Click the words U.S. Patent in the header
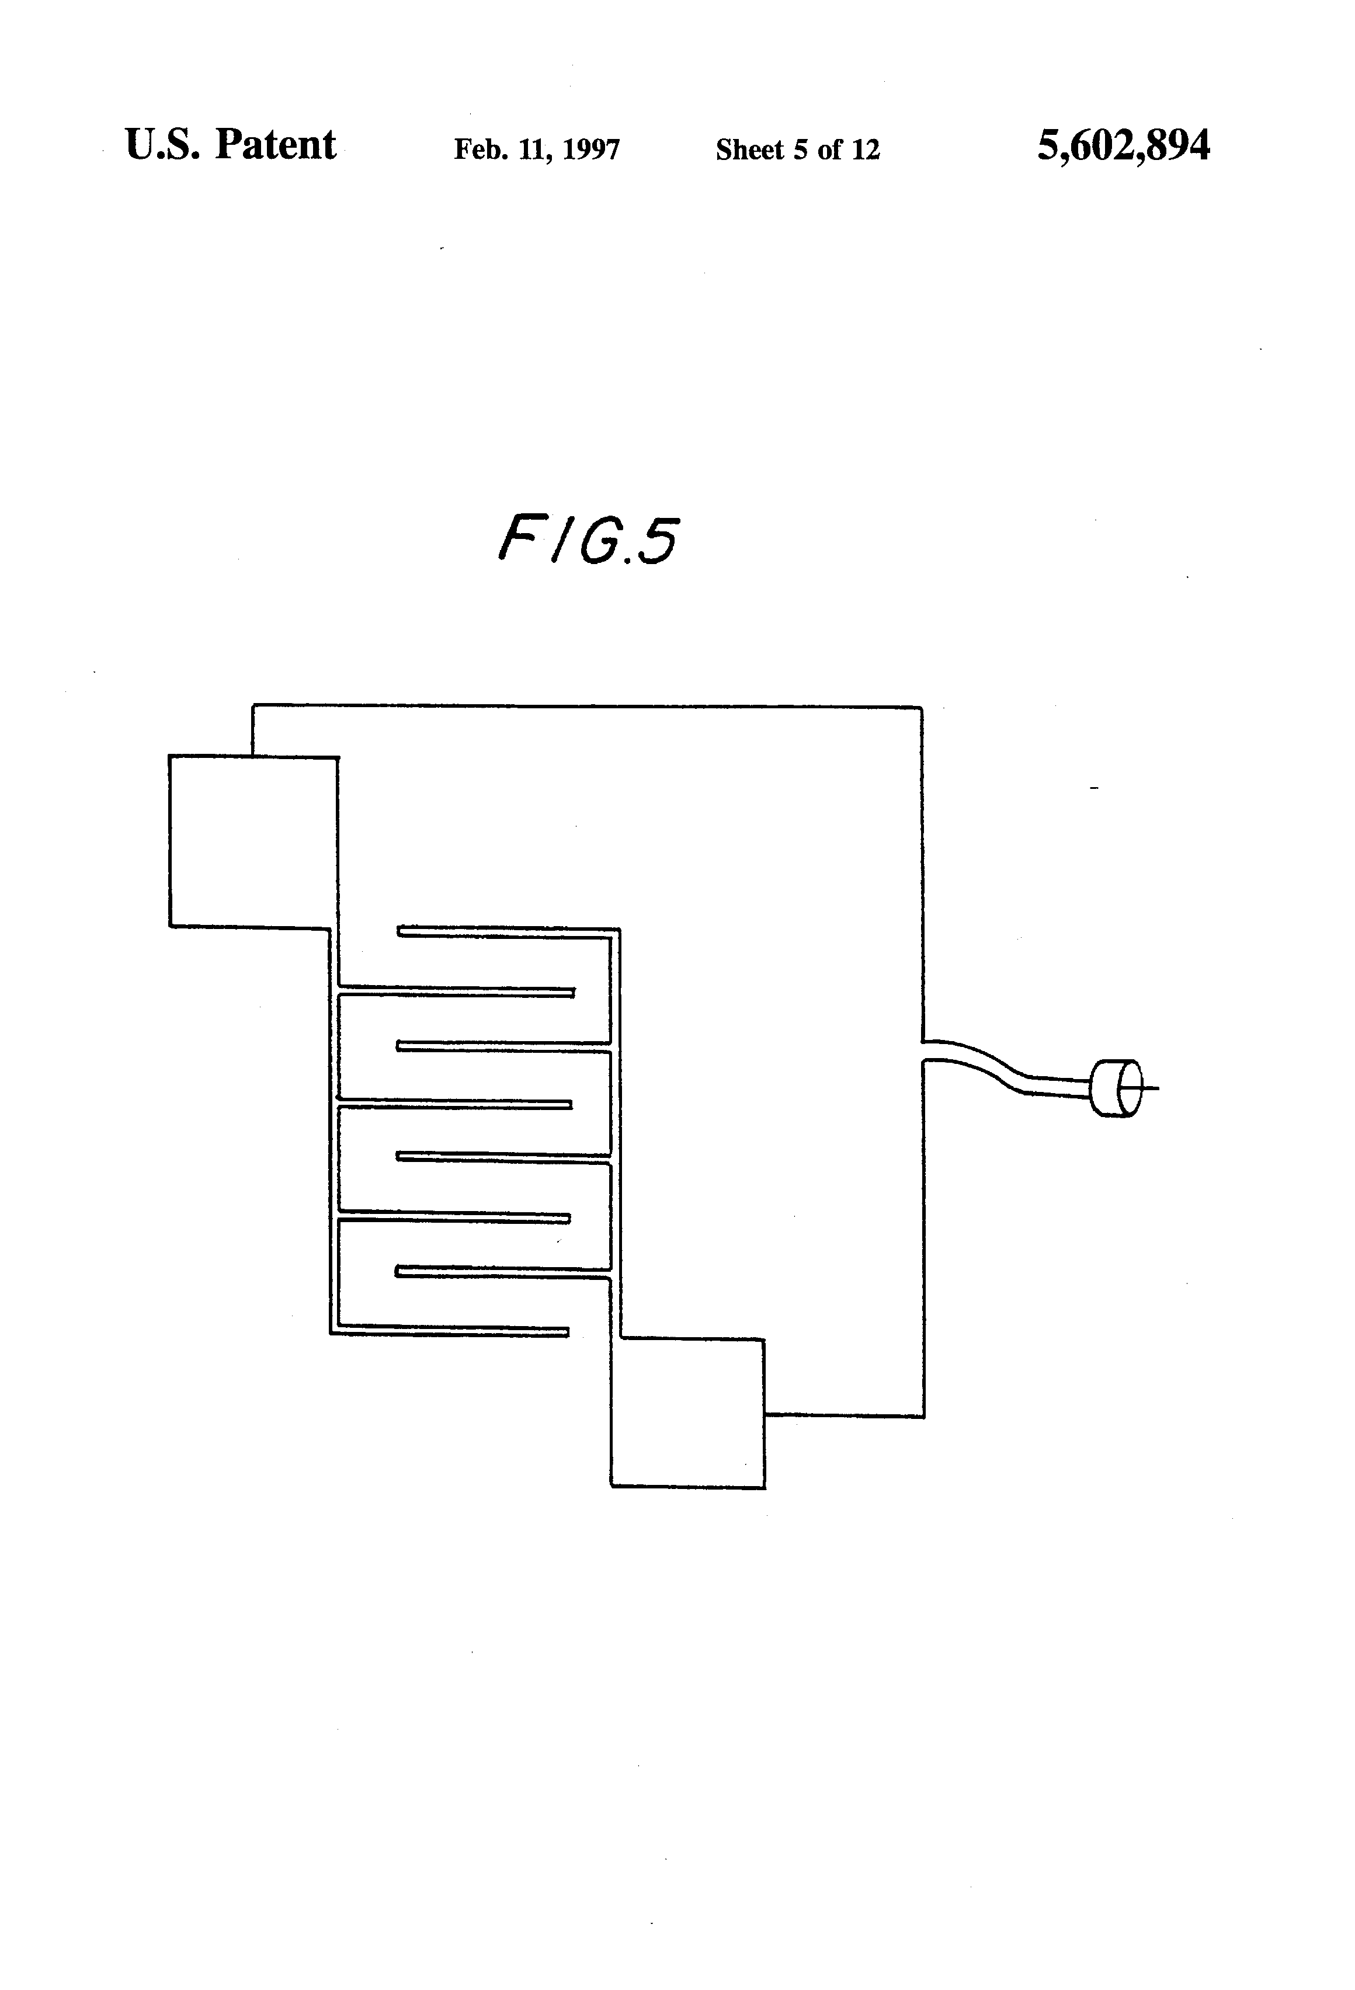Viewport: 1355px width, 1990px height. (x=230, y=145)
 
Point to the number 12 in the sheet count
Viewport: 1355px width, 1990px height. (x=865, y=150)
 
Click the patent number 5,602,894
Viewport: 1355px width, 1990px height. (x=1123, y=145)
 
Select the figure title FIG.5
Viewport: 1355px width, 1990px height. (x=588, y=540)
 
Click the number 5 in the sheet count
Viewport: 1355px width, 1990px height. (x=800, y=150)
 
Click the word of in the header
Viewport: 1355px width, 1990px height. (x=829, y=150)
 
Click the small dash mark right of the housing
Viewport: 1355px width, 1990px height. (x=1094, y=787)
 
